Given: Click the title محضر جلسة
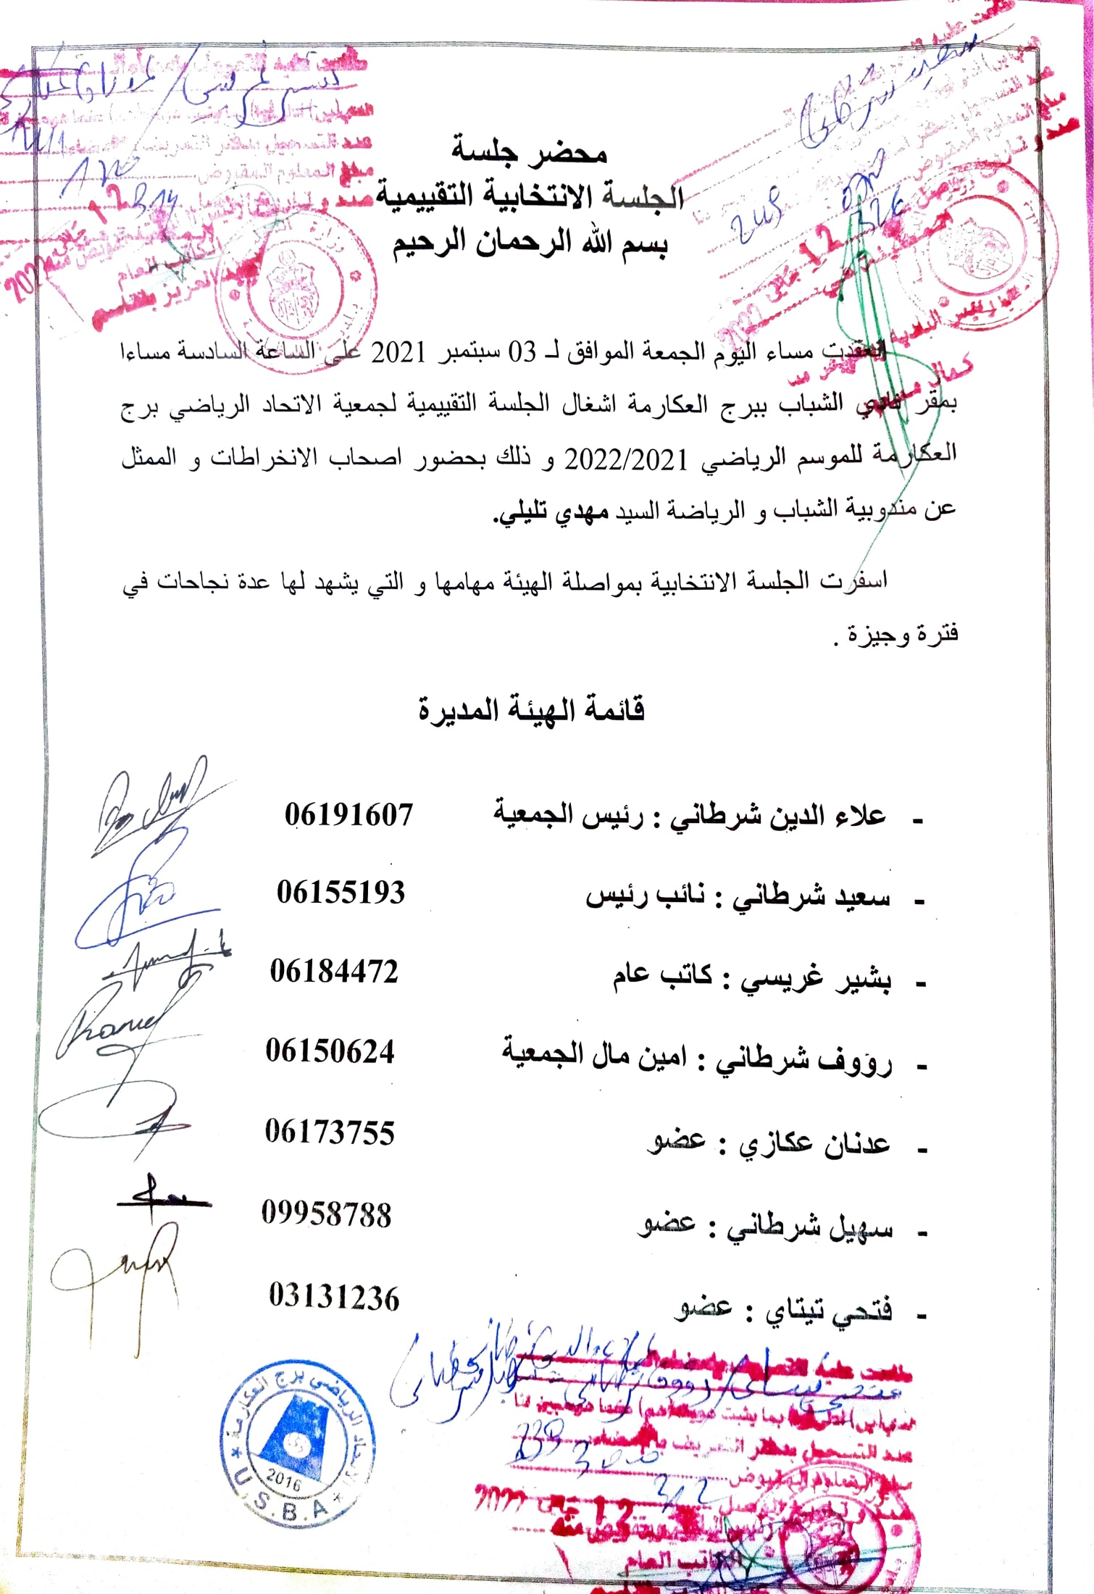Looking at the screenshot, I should click(x=529, y=151).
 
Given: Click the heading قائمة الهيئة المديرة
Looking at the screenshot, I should click(x=531, y=709).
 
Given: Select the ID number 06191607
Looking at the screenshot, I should click(x=348, y=815).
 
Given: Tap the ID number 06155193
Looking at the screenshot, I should click(x=341, y=893).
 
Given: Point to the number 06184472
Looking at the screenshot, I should click(x=334, y=972).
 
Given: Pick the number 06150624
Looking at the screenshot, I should click(x=330, y=1051).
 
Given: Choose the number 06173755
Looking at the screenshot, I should click(x=330, y=1132).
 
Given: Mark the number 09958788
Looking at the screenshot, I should click(x=327, y=1214).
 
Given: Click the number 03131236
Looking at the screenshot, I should click(x=334, y=1297).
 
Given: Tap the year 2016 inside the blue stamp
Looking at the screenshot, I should click(x=283, y=1477).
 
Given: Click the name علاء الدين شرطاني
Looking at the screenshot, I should click(x=777, y=815).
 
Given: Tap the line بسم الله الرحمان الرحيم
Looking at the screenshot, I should click(x=530, y=243).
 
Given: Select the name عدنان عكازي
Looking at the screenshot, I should click(x=814, y=1143).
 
